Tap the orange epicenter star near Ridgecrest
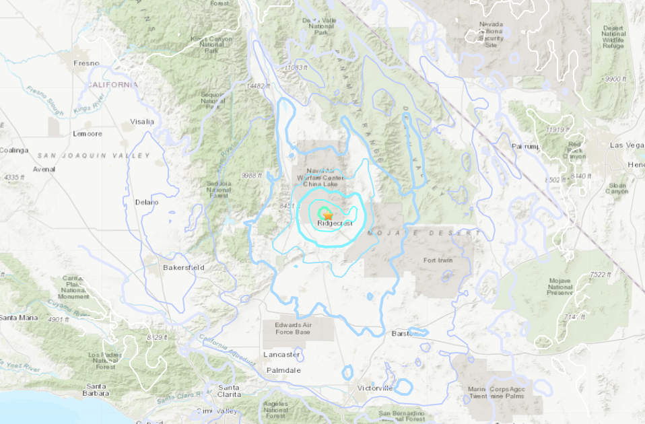(x=327, y=215)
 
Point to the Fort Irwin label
(x=438, y=260)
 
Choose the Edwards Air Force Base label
(x=293, y=328)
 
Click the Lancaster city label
(x=282, y=354)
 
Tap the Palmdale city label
(x=283, y=370)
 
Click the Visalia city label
(x=141, y=122)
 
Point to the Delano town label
(x=146, y=202)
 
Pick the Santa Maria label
(x=18, y=317)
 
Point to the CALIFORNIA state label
(x=112, y=85)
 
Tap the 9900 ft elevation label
(x=616, y=79)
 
